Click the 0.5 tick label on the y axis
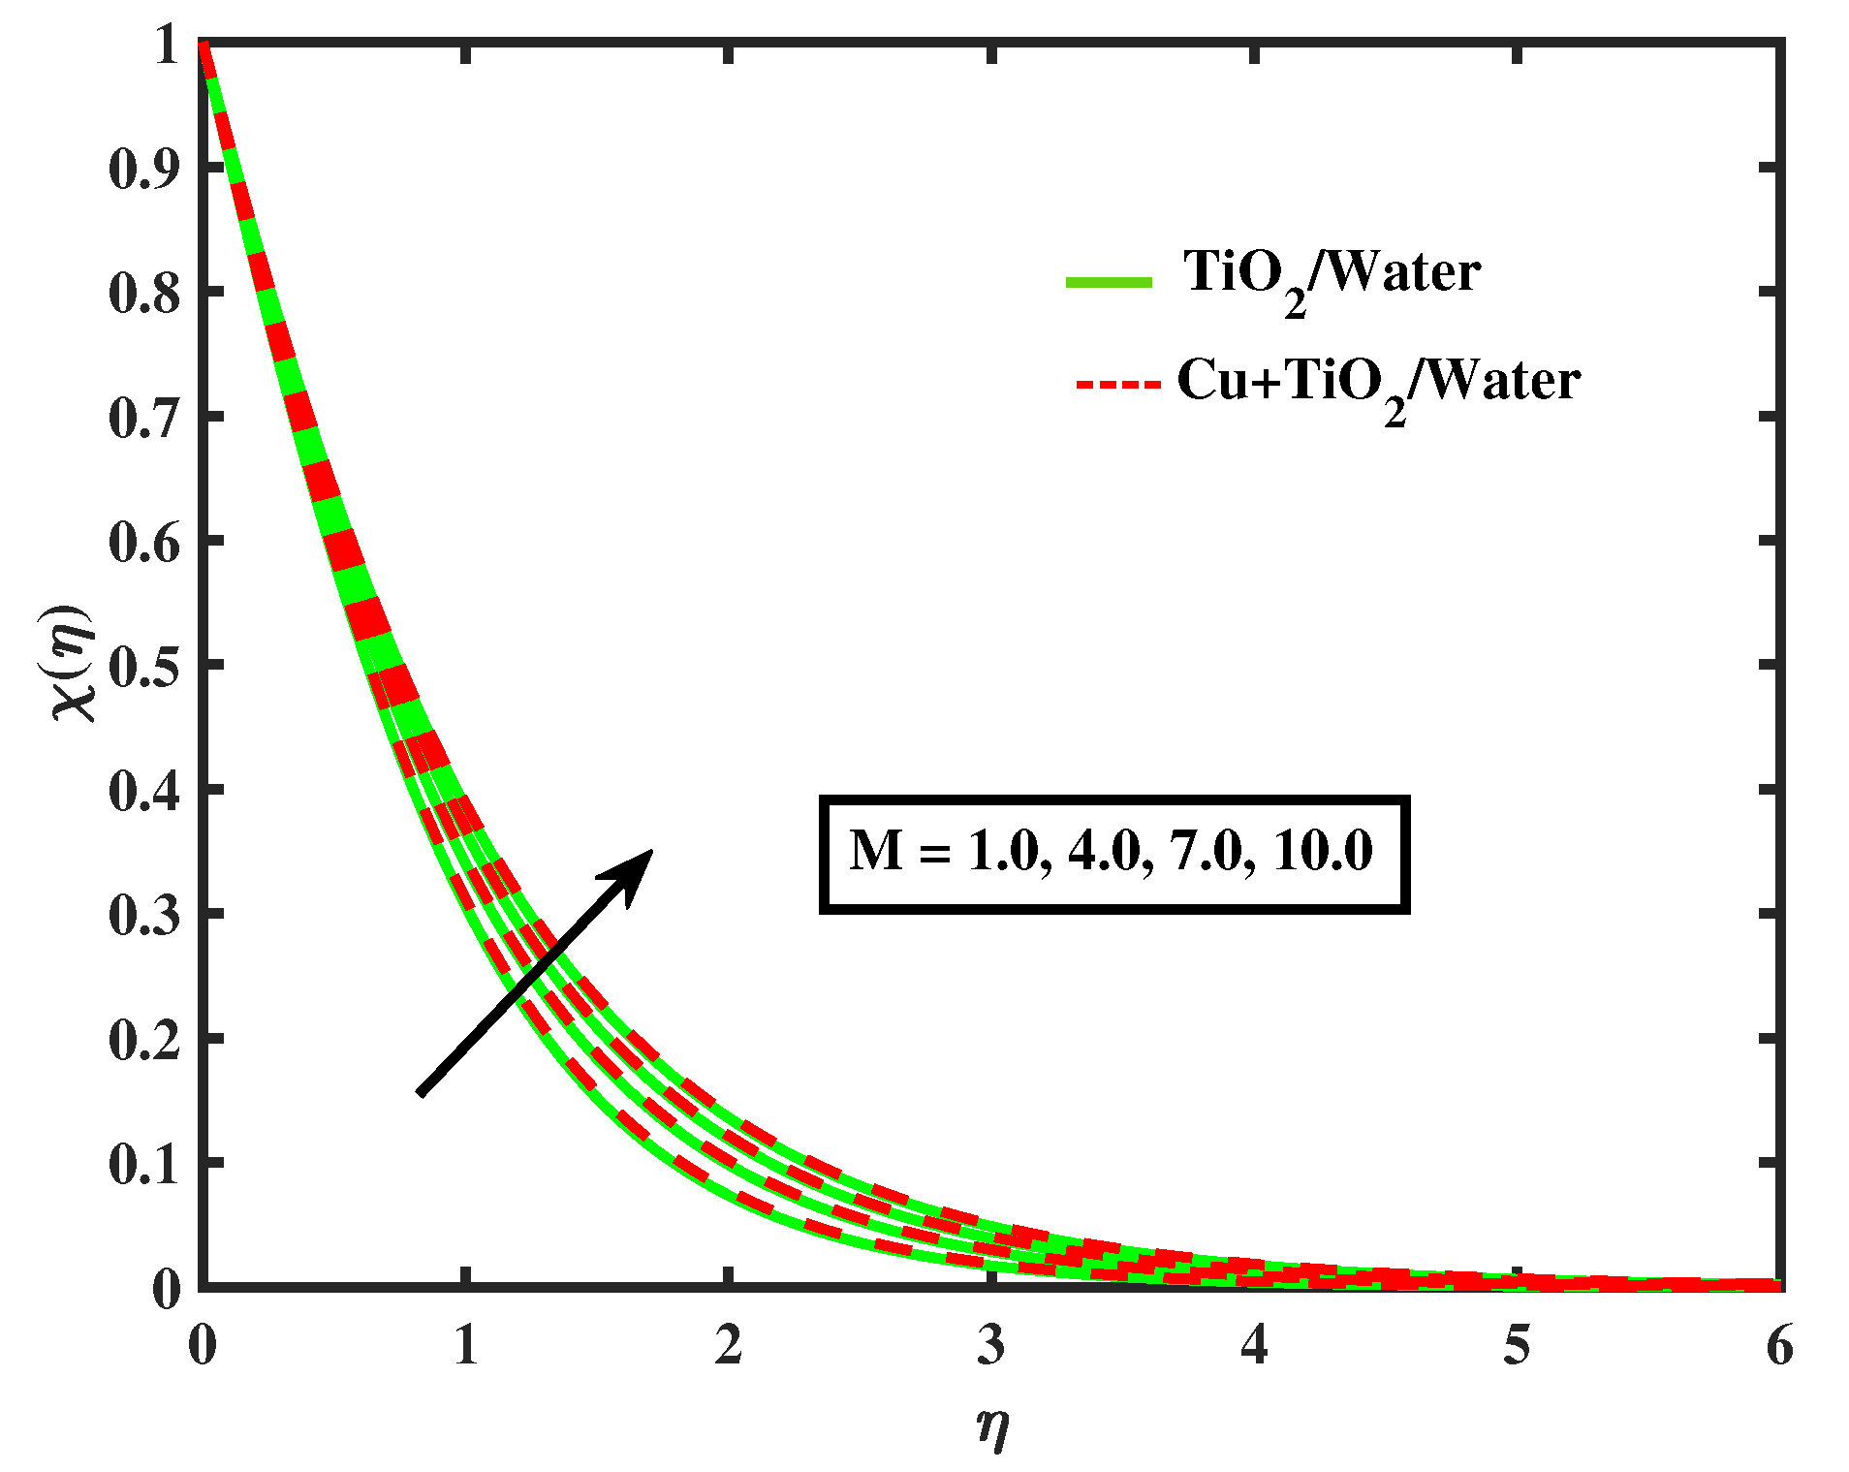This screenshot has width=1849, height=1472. click(144, 667)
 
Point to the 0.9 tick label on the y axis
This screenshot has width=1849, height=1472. click(144, 170)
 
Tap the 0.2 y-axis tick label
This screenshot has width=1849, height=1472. click(144, 1040)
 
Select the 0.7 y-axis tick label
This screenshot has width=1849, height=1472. click(144, 419)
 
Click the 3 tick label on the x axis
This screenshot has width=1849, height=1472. click(991, 1345)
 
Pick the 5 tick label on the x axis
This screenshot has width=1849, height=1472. click(1517, 1345)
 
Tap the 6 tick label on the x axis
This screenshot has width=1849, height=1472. click(1779, 1345)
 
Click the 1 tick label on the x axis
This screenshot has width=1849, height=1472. click(466, 1345)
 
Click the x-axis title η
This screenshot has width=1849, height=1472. click(992, 1426)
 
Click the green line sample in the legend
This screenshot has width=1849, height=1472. click(1109, 282)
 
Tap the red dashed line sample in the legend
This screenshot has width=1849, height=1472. click(1117, 385)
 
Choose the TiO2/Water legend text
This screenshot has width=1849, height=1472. click(1332, 275)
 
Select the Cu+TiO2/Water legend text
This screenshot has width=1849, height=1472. click(1378, 384)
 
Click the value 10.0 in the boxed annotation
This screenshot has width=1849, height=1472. click(1323, 851)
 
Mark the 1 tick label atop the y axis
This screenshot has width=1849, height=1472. click(166, 46)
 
